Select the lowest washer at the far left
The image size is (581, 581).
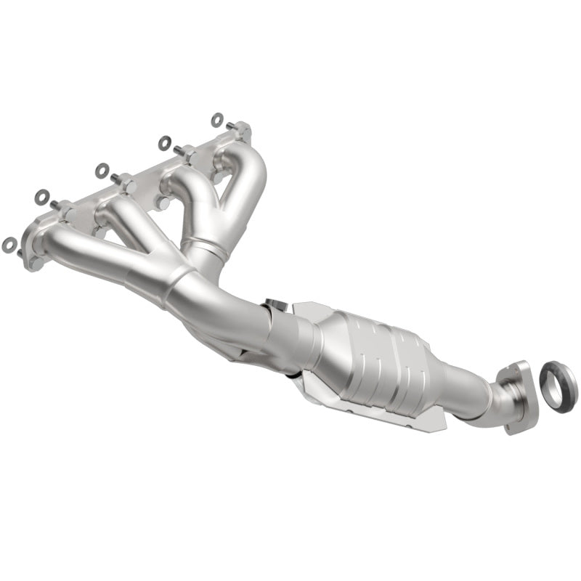[x=9, y=245]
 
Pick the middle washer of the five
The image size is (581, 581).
[x=102, y=170]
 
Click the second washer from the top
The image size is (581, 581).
[x=165, y=142]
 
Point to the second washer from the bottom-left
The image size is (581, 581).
[x=42, y=196]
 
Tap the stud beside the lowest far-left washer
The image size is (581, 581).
[x=20, y=252]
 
